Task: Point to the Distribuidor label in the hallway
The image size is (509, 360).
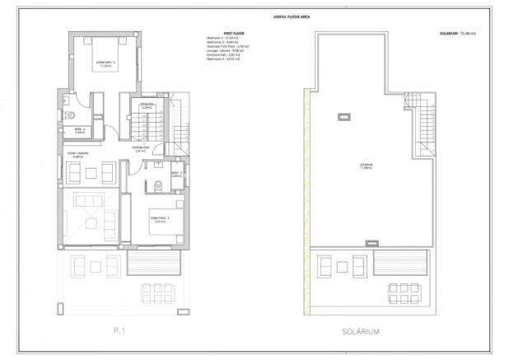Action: click(x=141, y=149)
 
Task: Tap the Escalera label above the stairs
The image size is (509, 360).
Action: click(x=147, y=106)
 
